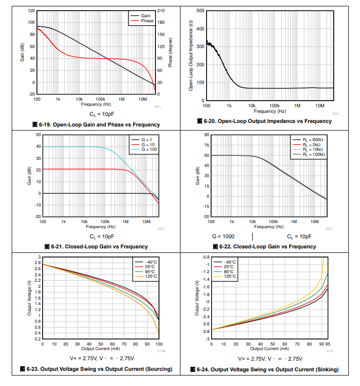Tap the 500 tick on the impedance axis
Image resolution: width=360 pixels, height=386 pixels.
[x=200, y=11]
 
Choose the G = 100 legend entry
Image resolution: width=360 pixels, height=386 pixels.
[x=149, y=150]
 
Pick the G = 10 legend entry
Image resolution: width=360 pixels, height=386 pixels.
[x=149, y=144]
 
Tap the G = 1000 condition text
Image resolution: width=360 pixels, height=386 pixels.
[x=223, y=236]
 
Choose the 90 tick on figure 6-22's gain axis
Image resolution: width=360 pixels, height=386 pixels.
[x=199, y=135]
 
